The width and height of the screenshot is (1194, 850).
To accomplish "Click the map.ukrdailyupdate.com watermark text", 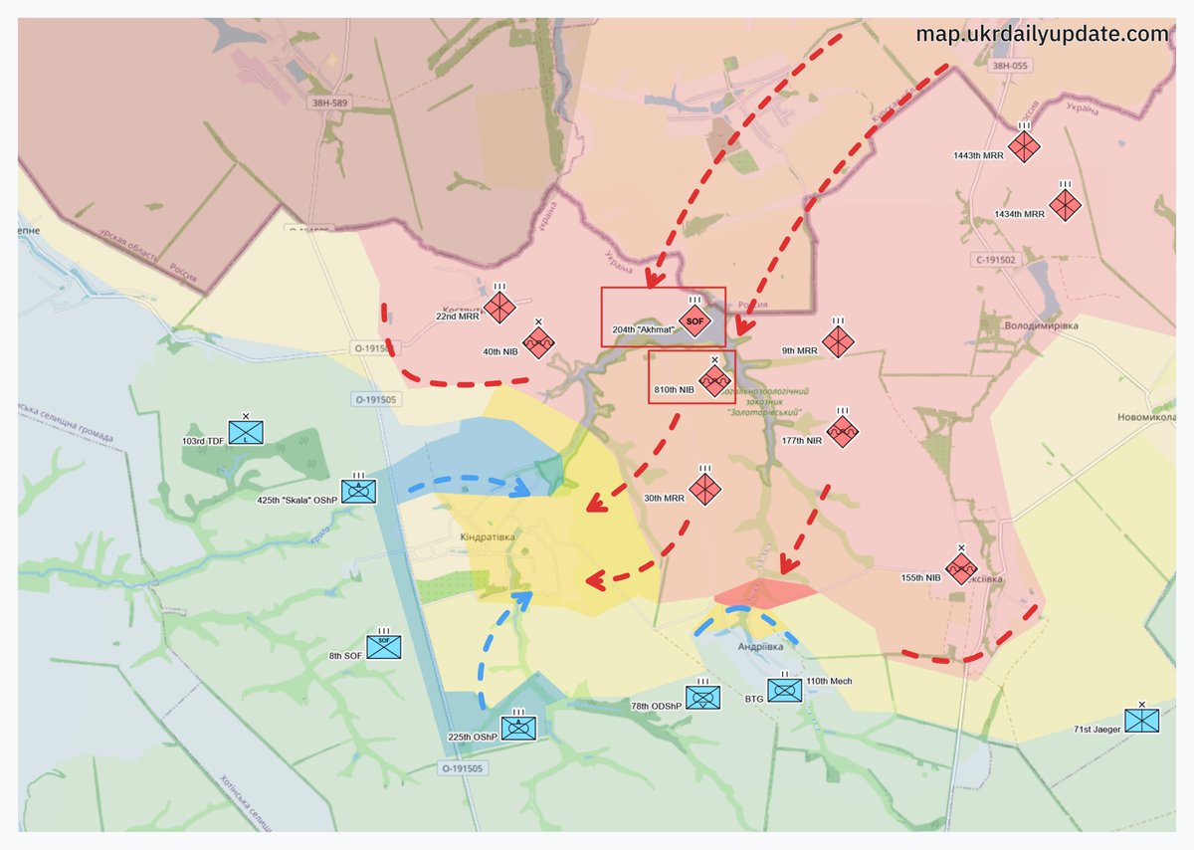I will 1042,34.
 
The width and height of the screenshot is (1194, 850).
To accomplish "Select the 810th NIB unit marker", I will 714,381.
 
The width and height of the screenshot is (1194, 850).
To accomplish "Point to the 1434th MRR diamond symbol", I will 1065,206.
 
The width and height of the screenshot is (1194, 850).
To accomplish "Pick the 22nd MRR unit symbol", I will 499,306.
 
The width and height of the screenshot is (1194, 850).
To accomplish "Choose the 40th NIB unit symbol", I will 538,343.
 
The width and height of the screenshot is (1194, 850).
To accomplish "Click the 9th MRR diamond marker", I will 838,341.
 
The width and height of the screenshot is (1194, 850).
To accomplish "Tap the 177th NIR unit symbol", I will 842,431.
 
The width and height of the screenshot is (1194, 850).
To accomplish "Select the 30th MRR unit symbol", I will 704,489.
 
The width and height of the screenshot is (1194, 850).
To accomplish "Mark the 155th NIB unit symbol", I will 960,568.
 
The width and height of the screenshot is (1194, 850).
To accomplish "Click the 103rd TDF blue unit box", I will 245,432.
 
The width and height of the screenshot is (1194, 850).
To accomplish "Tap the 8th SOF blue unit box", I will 383,647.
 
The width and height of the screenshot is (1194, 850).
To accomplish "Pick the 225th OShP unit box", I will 517,728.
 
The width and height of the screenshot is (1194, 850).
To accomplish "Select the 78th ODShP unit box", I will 702,698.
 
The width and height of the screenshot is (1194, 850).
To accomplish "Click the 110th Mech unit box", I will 784,690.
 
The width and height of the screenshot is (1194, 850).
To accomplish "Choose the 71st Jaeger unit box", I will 1141,721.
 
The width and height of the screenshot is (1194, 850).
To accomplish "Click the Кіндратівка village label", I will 488,537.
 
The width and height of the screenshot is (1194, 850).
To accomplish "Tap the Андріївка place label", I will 759,646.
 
